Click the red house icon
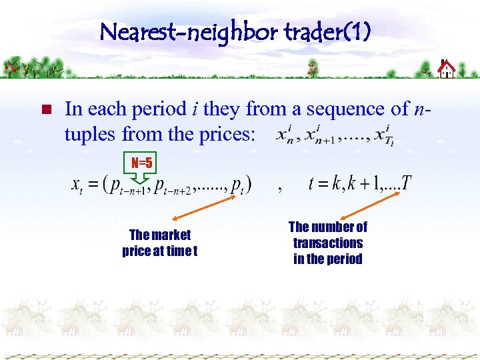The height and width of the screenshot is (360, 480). [x=446, y=69]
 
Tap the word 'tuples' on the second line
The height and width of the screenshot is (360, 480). [x=91, y=134]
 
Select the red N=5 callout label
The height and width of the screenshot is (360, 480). [x=141, y=163]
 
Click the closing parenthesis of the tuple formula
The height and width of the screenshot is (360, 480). [x=248, y=184]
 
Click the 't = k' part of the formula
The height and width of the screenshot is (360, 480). [x=325, y=183]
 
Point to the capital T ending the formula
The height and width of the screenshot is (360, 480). [x=406, y=183]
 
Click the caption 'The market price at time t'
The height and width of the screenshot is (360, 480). [x=160, y=243]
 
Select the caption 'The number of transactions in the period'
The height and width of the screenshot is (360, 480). [x=327, y=243]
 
